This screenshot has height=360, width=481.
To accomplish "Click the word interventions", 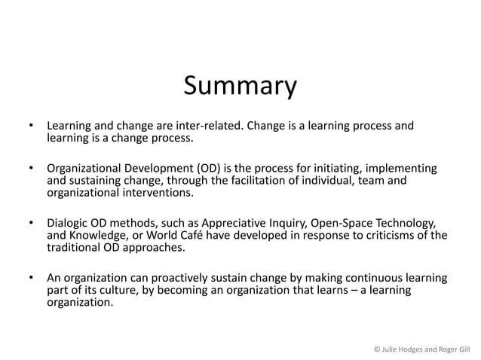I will pos(157,194).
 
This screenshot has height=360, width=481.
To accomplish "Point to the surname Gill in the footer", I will pos(461,349).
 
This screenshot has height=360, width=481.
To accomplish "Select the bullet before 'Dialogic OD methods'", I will pos(30,223).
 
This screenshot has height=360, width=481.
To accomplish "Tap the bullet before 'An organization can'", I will pos(30,278).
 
